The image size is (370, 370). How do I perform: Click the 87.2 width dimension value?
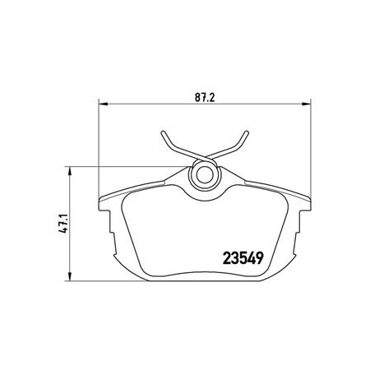(205, 97)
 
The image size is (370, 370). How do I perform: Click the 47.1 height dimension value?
(63, 223)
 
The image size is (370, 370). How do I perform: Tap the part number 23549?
(243, 258)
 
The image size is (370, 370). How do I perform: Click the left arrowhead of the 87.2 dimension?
(104, 104)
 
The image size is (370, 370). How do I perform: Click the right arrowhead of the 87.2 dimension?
(306, 104)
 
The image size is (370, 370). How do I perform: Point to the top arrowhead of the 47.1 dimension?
(70, 172)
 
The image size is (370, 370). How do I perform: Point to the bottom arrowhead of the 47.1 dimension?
(70, 275)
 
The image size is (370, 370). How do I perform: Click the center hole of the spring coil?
(204, 175)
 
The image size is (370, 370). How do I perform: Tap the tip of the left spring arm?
(163, 132)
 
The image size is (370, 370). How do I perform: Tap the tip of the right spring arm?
(247, 132)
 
